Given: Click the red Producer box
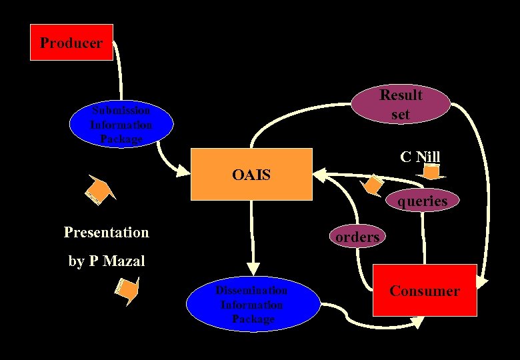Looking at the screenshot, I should click(x=71, y=43).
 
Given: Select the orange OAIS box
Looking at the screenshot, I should click(x=251, y=175).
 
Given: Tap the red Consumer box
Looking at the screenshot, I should click(x=425, y=291).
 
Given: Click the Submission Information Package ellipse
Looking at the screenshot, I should click(x=121, y=124).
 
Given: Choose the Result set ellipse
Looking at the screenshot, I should click(x=401, y=105).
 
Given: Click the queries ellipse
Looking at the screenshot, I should click(x=422, y=200).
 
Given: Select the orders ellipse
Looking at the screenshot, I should click(x=357, y=237).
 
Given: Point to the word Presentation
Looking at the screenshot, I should click(x=107, y=232).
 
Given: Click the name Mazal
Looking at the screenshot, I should click(x=123, y=261).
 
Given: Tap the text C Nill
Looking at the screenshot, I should click(x=420, y=157).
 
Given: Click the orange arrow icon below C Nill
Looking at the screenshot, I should click(x=433, y=173).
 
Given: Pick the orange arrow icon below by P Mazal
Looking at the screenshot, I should click(x=127, y=289).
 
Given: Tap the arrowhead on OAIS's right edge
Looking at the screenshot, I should click(x=319, y=175).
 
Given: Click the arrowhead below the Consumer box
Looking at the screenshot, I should click(x=417, y=322).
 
